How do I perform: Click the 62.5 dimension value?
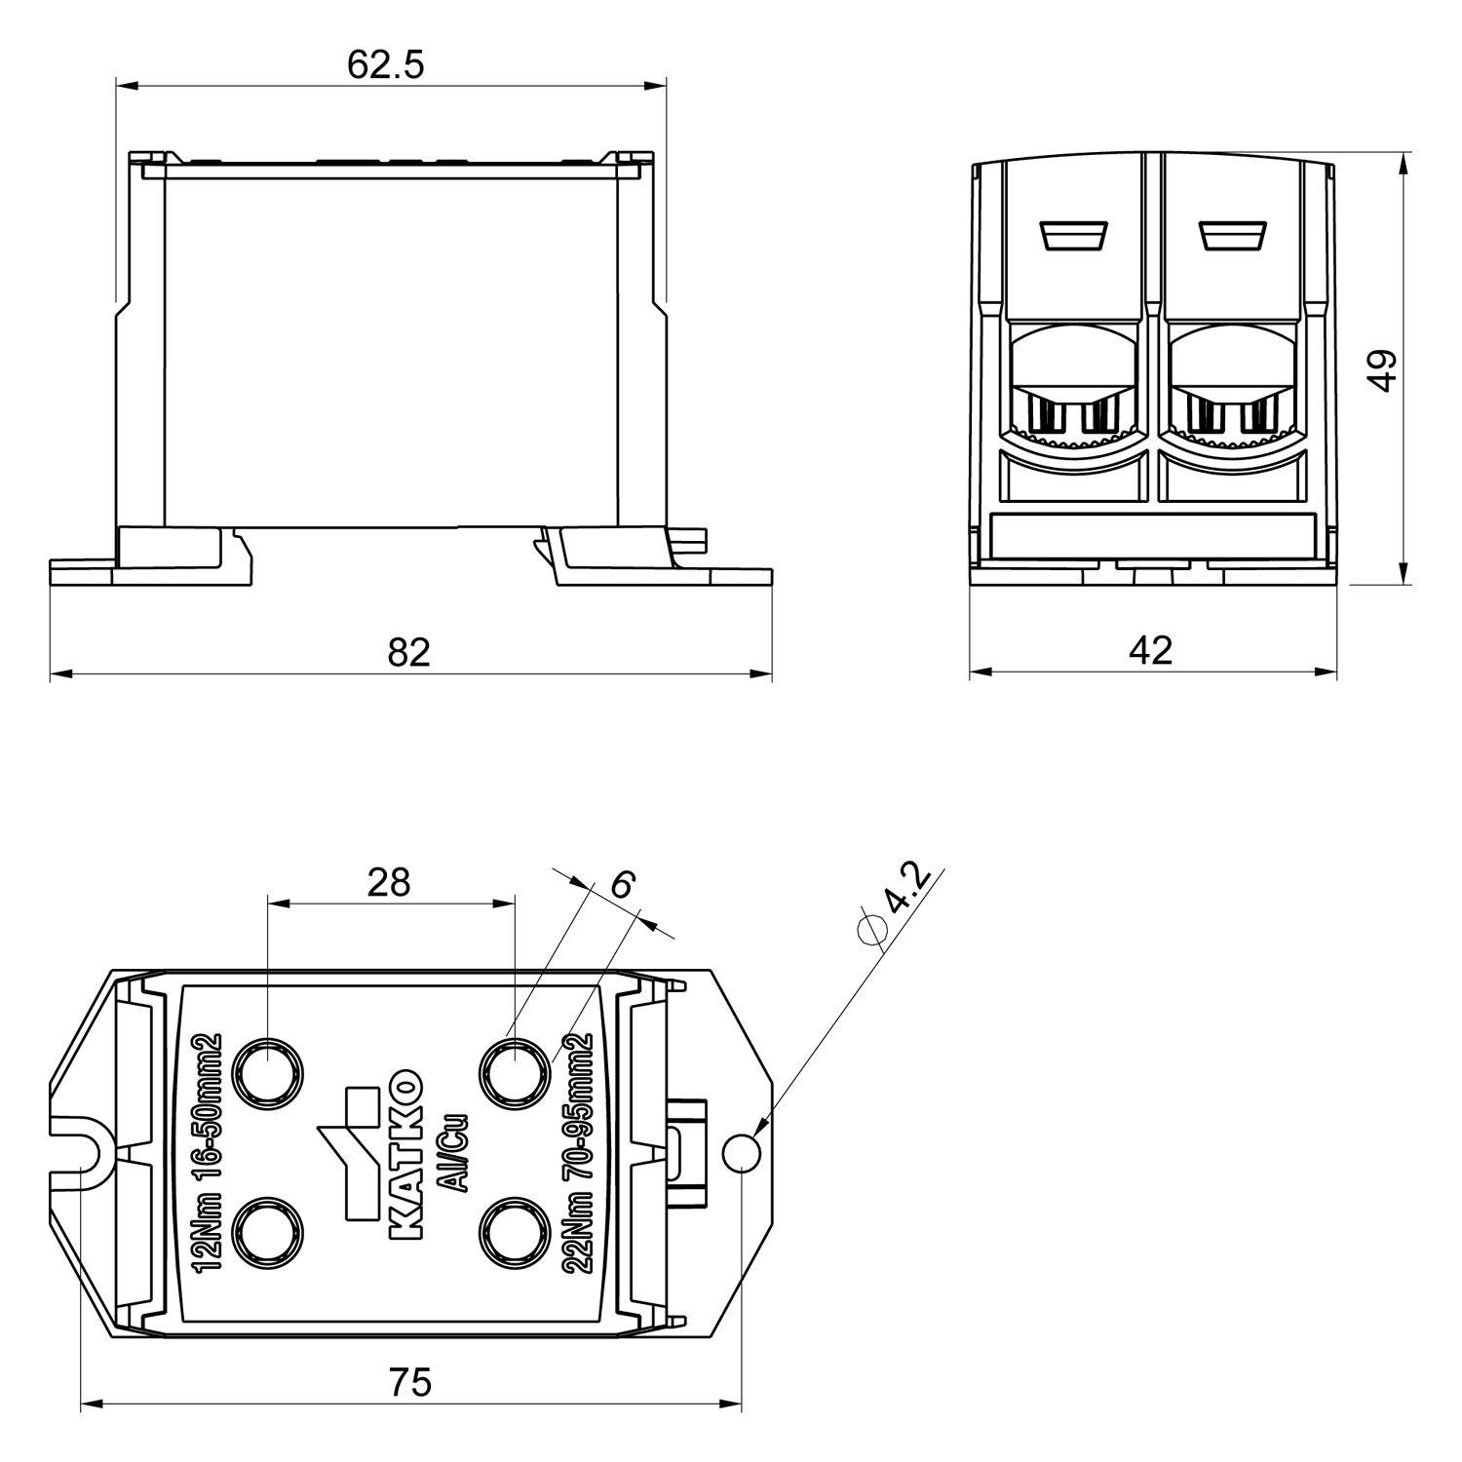coord(386,65)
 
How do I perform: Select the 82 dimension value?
coord(408,652)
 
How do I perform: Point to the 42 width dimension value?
coord(1150,650)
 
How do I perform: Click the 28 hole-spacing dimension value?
coord(389,882)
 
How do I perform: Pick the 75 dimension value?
coord(409,1382)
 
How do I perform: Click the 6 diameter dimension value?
coord(622,884)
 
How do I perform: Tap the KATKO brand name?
coord(405,1156)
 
